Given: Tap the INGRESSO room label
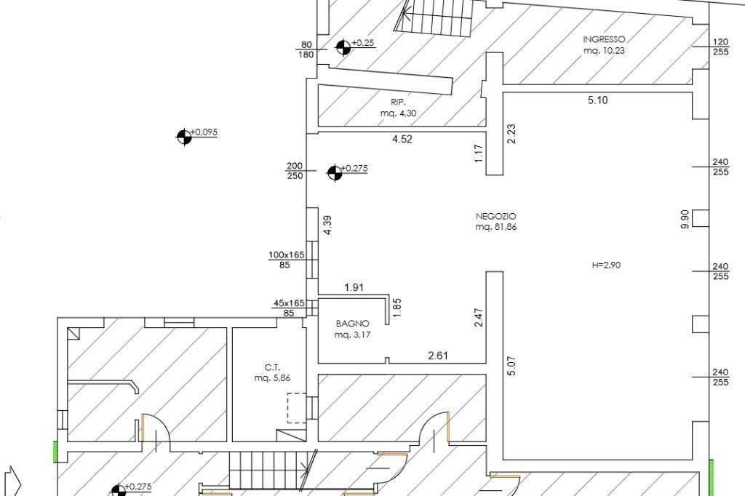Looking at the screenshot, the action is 604,39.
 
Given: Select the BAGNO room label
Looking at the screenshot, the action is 353,324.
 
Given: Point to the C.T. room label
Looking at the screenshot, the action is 273,367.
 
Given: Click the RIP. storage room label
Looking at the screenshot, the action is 398,102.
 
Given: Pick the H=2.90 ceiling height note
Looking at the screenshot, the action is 606,265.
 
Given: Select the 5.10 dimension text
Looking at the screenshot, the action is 598,100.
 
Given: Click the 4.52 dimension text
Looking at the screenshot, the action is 402,139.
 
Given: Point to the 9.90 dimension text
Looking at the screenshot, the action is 685,219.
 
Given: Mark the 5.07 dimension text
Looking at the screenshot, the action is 511,366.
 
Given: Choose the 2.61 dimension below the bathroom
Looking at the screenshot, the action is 438,355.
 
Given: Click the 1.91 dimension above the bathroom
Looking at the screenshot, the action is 354,287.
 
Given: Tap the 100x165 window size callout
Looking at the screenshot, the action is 287,255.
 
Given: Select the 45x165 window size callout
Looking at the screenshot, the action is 289,303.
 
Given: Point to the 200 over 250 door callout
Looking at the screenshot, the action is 295,171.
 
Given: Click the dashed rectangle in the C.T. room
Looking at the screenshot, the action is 297,407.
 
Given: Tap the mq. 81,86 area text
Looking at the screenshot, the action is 496,227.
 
